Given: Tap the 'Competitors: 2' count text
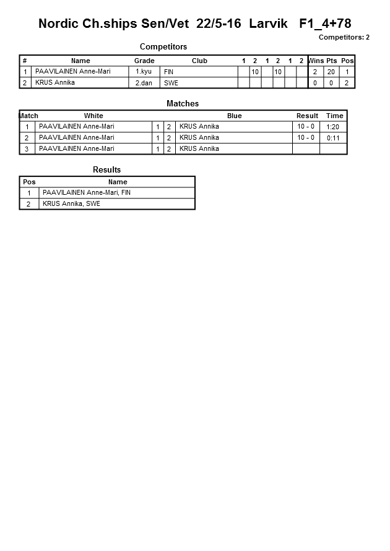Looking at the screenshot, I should coord(344,37).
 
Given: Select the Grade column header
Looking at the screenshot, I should coord(144,61).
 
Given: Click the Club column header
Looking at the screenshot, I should coord(199,61).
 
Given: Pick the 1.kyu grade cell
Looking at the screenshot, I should coord(144,72).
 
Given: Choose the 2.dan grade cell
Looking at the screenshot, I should coord(144,83).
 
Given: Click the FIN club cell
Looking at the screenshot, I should coord(168,72).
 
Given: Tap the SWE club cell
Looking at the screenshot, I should coord(170,83).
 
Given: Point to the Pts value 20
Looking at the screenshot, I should coord(331,72).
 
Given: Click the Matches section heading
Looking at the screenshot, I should coord(183,104).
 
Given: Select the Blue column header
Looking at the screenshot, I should coord(234,116).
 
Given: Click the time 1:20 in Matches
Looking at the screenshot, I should coord(333,127).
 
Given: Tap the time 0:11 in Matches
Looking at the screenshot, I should coord(333,138).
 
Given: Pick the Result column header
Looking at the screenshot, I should coord(307,116).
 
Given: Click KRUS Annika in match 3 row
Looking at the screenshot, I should coord(199,149).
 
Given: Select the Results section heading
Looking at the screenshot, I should coord(106,169).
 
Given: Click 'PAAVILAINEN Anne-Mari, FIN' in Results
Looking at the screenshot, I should coord(87,193).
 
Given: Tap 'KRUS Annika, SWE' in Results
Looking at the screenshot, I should coord(71,204).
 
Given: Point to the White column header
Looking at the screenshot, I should coord(93,116).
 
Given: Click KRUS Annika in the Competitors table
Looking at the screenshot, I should coord(55,83).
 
